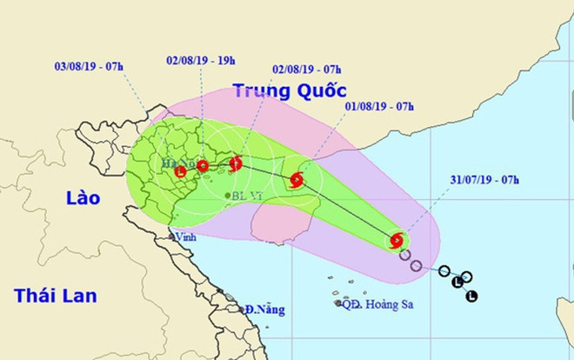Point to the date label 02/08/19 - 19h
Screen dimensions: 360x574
pos(202,60)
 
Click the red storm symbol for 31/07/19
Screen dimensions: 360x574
pos(397,240)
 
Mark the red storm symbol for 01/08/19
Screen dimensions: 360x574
pos(296,181)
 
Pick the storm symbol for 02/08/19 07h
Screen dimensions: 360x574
pos(236,162)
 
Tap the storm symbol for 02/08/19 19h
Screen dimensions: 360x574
pos(203,165)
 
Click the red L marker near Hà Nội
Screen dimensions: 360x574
pos(181,171)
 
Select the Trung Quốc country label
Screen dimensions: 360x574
pos(290,90)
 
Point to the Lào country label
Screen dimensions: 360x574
pos(83,198)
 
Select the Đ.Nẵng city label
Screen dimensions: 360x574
pos(260,309)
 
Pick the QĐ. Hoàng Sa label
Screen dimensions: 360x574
pos(377,303)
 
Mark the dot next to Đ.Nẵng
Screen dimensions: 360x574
pos(241,309)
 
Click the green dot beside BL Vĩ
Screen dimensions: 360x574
pos(227,196)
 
